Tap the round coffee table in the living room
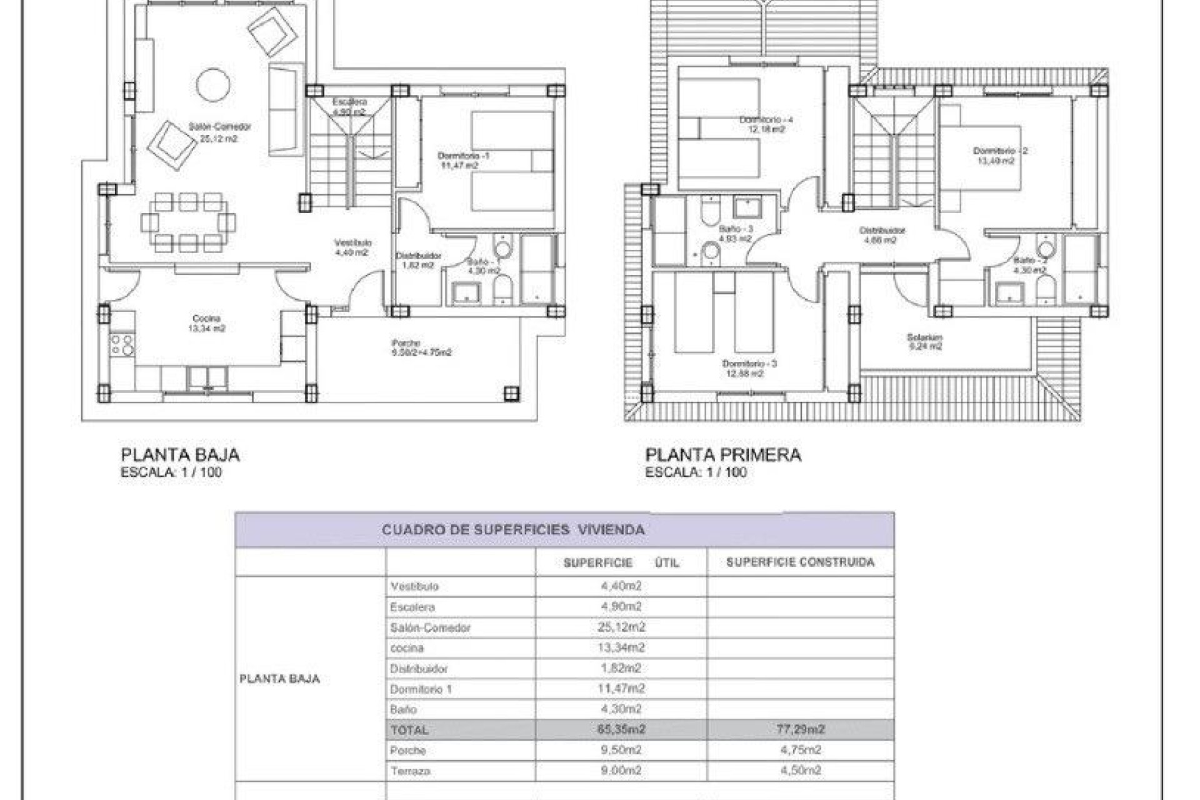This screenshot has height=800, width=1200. coord(212,84)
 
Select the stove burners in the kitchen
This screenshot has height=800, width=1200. coord(122,345)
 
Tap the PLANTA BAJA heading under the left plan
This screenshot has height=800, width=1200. coord(180,455)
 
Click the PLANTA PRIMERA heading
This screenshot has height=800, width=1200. coord(723,455)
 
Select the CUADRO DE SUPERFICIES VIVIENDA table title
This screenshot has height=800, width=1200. coord(512,530)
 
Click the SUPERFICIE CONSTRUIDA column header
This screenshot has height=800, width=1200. coord(800,562)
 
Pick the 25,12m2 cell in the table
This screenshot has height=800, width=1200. coord(620,627)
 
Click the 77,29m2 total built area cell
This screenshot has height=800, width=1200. coord(800,729)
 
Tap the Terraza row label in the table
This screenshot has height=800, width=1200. coord(410,771)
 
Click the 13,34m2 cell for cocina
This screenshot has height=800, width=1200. coord(620,647)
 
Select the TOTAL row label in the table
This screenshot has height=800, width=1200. coord(409,730)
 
